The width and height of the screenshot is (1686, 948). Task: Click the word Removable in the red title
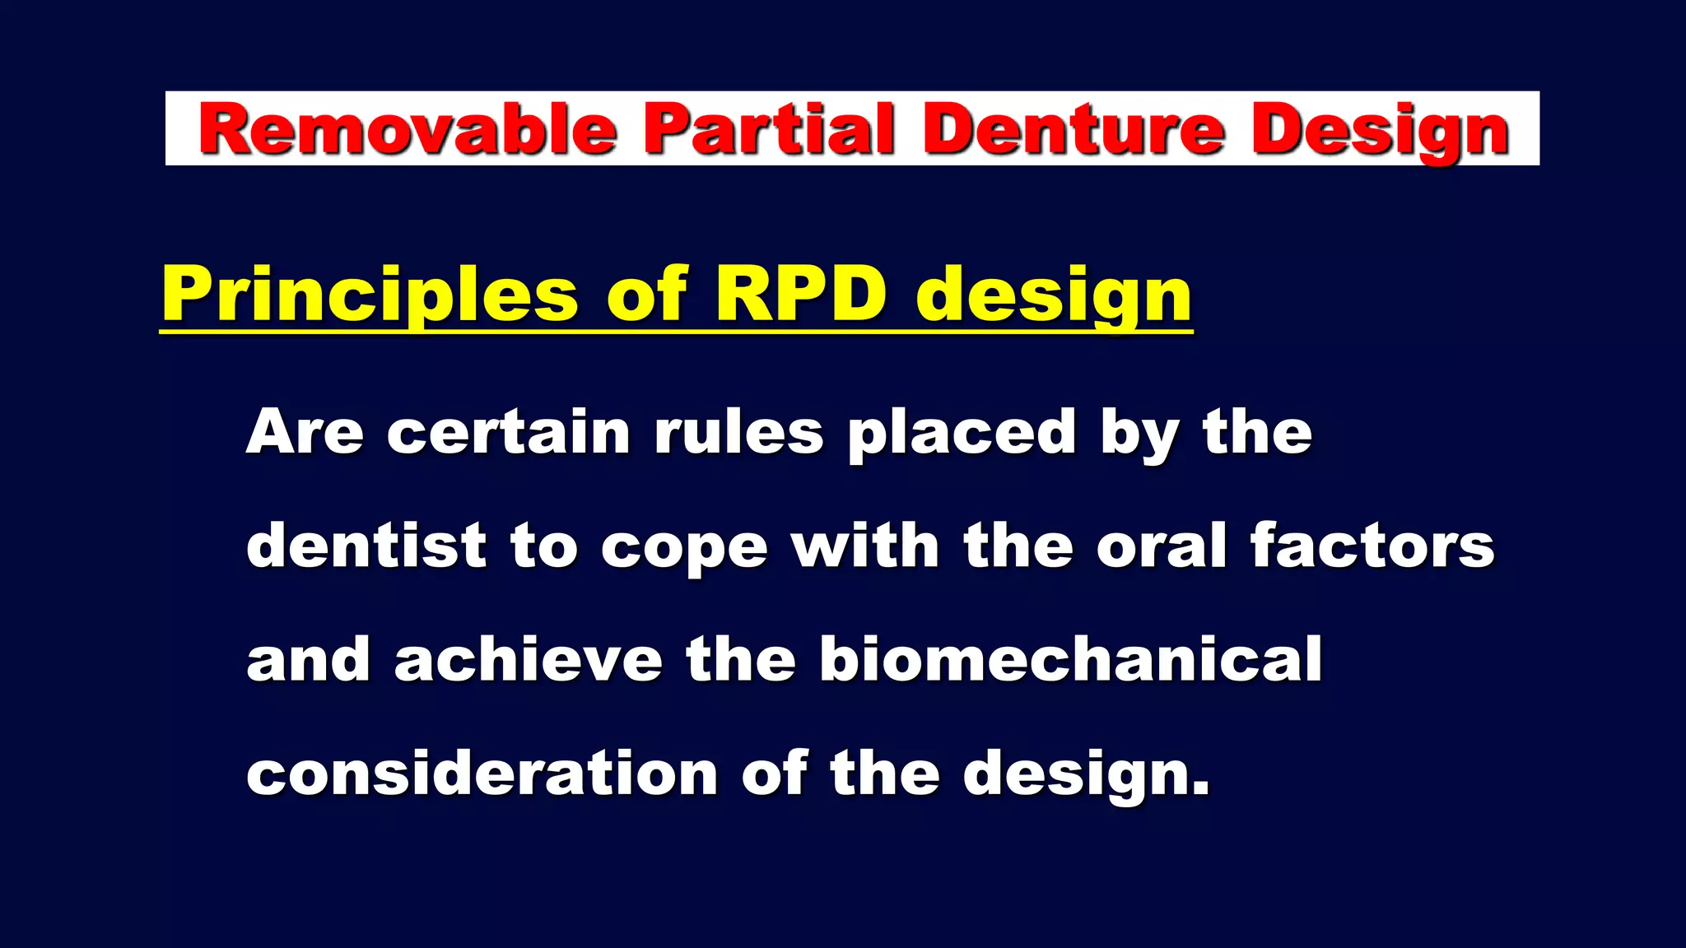click(408, 129)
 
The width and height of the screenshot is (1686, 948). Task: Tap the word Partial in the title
click(768, 129)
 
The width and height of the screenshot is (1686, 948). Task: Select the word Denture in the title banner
click(1072, 129)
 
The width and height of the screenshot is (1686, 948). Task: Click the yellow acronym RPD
click(801, 294)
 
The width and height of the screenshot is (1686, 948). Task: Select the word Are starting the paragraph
click(305, 432)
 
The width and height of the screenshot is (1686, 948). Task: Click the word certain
click(508, 432)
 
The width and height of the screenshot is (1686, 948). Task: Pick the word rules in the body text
click(738, 432)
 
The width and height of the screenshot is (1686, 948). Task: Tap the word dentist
click(366, 546)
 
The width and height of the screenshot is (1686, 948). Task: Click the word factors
click(1372, 546)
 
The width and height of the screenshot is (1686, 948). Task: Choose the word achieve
click(528, 659)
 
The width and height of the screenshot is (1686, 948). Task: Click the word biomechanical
click(1070, 659)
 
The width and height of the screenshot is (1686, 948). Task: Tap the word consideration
click(482, 774)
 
